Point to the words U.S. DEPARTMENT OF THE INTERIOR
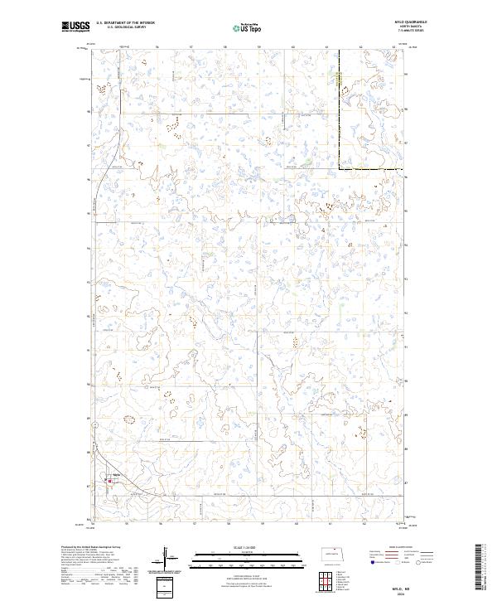point(125,23)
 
